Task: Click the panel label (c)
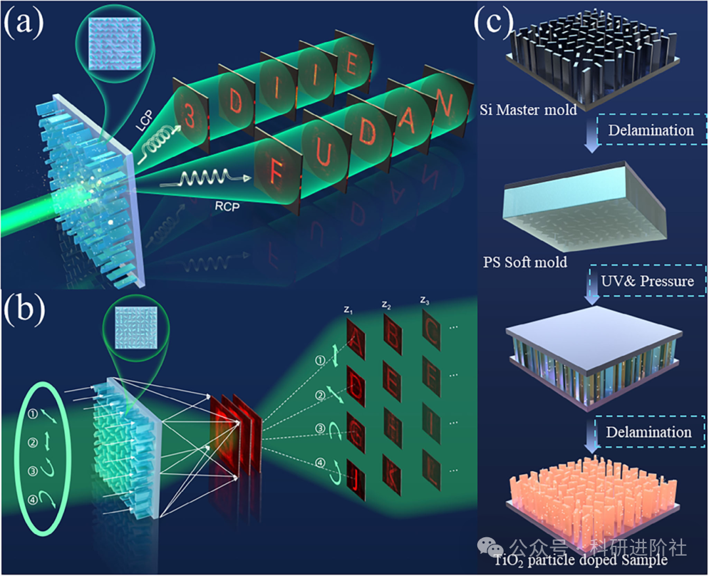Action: click(493, 25)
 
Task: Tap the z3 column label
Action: click(426, 301)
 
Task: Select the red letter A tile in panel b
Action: click(354, 342)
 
